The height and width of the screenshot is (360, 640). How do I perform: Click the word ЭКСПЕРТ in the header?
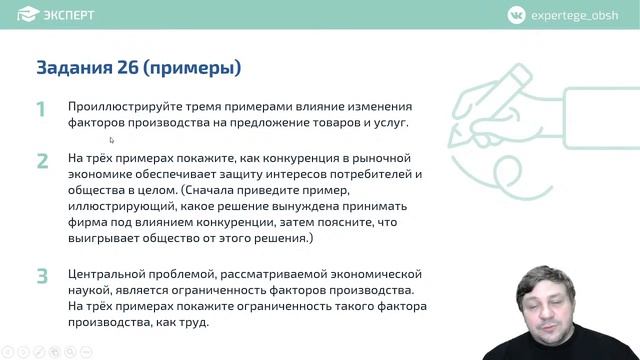69,14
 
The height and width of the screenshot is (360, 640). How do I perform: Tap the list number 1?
41,109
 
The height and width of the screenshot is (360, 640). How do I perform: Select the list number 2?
42,161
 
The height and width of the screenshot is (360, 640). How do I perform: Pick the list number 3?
42,276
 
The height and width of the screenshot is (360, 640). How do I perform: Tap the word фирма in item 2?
87,223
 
